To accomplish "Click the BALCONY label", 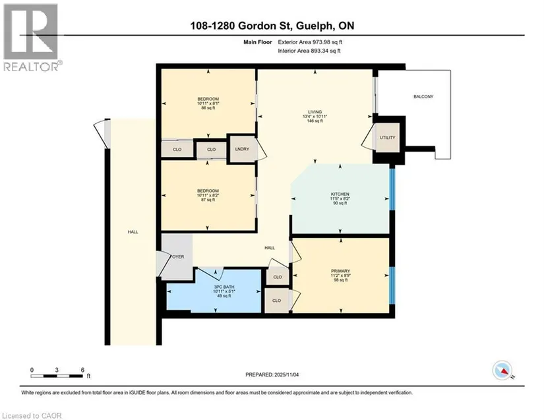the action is pos(423,96).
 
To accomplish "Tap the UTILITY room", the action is pos(388,138).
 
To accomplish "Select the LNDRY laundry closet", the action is pos(242,149).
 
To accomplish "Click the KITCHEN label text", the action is pos(340,195).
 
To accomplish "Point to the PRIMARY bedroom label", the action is pos(340,271).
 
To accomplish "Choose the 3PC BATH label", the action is pos(224,287).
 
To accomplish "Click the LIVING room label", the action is pos(315,111).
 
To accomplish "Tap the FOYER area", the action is pos(177,256).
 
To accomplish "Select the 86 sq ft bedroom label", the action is pos(208,104).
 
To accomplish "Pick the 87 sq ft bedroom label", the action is pos(208,195).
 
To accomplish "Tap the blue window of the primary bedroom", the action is pos(392,285).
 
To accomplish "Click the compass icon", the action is pos(502,371).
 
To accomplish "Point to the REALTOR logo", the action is pos(31,38).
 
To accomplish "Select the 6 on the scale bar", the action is pos(82,370).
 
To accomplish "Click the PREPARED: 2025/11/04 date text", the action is pos(272,375).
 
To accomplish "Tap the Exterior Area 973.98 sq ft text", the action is pos(310,42).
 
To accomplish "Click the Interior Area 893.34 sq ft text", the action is pos(309,51).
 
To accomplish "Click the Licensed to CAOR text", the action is pos(32,415).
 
